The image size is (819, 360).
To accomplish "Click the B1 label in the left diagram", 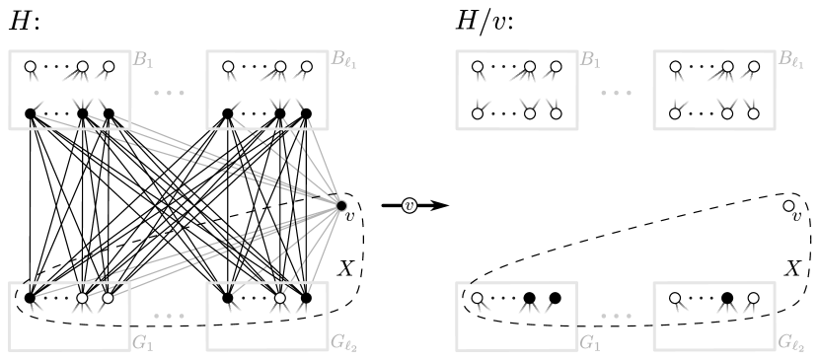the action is pos(143,61).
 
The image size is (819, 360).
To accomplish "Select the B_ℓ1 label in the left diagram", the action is pos(343,61).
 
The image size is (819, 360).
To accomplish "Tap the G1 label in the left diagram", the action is pos(143,343).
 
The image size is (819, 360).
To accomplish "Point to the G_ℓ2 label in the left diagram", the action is pos(343,343).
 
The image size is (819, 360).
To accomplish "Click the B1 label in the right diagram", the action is pos(590,61).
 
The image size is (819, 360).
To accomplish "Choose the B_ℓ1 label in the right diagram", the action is pos(790,61).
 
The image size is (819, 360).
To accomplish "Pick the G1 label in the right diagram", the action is pos(590,343).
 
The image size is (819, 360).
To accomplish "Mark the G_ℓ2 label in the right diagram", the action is pos(790,343).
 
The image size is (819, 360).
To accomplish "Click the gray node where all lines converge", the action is pos(340,205).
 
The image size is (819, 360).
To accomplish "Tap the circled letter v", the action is pos(409,205).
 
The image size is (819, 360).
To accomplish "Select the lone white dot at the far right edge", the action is pos(788,205).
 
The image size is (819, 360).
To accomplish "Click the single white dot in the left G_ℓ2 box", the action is pos(279,298).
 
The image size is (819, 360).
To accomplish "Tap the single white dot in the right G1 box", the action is pos(477,298).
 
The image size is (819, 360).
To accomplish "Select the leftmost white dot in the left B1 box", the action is pos(31,67).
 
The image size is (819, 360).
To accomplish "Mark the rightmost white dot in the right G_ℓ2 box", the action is pos(753,298).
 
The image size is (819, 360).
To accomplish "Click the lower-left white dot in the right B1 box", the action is pos(478,113).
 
